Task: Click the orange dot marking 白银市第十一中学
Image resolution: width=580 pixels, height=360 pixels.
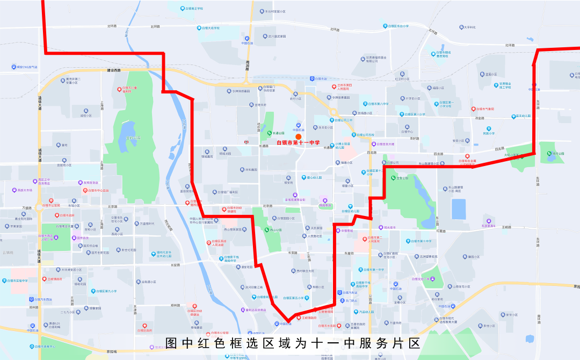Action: pyautogui.click(x=298, y=136)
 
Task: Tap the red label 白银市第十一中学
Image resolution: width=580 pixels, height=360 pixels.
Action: pyautogui.click(x=298, y=143)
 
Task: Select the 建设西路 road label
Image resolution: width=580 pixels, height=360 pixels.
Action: pyautogui.click(x=114, y=70)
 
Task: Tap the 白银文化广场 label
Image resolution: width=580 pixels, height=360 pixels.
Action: pyautogui.click(x=421, y=279)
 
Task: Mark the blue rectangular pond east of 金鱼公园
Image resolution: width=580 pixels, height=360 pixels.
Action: pyautogui.click(x=459, y=208)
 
